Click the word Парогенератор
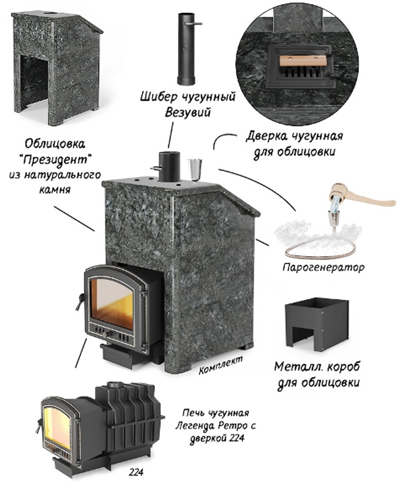[x=323, y=267]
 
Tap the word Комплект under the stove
[x=221, y=364]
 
